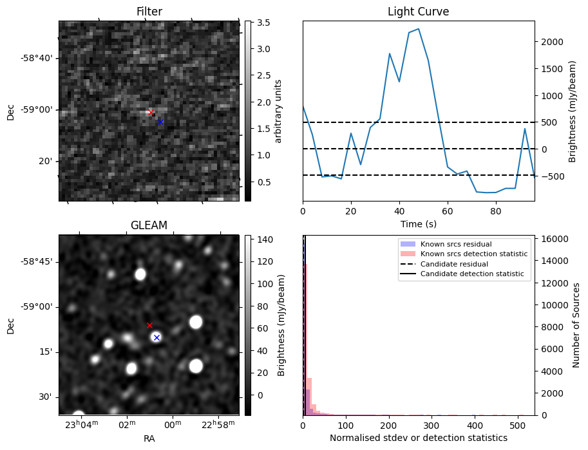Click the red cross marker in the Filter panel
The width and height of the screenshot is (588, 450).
(x=151, y=113)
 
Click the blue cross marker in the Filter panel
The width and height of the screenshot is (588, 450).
(x=160, y=122)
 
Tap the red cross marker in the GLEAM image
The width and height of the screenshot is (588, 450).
(x=149, y=326)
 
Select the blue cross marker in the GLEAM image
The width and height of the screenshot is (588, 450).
(x=156, y=337)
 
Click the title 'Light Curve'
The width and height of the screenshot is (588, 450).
(x=418, y=12)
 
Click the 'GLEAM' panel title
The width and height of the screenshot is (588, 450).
(x=149, y=225)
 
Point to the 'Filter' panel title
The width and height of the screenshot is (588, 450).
(x=149, y=12)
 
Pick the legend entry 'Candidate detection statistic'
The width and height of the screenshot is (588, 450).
(x=471, y=274)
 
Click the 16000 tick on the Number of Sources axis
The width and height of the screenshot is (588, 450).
(x=553, y=239)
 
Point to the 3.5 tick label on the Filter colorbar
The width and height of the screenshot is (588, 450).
(x=262, y=23)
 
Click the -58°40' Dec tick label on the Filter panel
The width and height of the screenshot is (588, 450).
(x=36, y=58)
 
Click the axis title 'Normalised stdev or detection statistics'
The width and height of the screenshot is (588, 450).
(x=418, y=438)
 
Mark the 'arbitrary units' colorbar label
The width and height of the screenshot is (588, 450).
(x=278, y=111)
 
